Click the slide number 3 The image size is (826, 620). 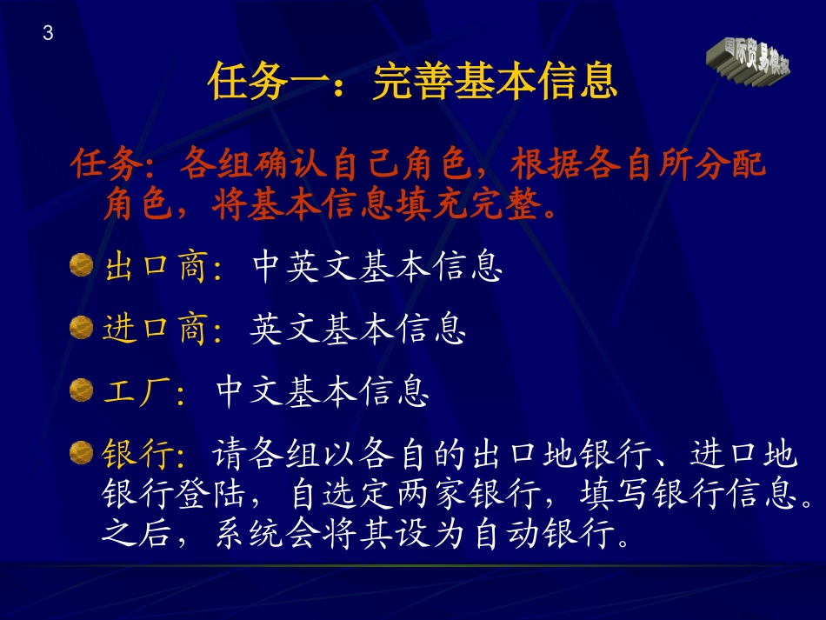(x=48, y=34)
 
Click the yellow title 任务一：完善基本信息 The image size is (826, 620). (x=412, y=83)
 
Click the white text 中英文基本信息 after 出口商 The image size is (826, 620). (x=377, y=267)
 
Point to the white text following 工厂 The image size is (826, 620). (x=323, y=392)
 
